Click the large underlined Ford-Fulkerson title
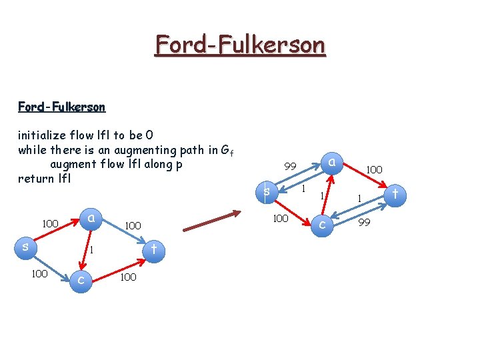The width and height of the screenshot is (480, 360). pyautogui.click(x=240, y=45)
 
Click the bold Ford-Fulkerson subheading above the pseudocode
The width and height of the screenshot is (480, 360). pyautogui.click(x=61, y=107)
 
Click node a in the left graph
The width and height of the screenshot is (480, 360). pyautogui.click(x=91, y=217)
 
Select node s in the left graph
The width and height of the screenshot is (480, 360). pyautogui.click(x=25, y=247)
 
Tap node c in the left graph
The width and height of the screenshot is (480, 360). pyautogui.click(x=81, y=279)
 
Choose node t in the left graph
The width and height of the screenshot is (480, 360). pyautogui.click(x=153, y=250)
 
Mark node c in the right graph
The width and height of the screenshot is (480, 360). pyautogui.click(x=322, y=225)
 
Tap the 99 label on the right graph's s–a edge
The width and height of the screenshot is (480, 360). pyautogui.click(x=290, y=166)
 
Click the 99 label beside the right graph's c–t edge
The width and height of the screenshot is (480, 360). pyautogui.click(x=364, y=221)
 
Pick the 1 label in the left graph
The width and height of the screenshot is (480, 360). pyautogui.click(x=92, y=251)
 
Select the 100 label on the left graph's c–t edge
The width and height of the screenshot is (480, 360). pyautogui.click(x=128, y=277)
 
